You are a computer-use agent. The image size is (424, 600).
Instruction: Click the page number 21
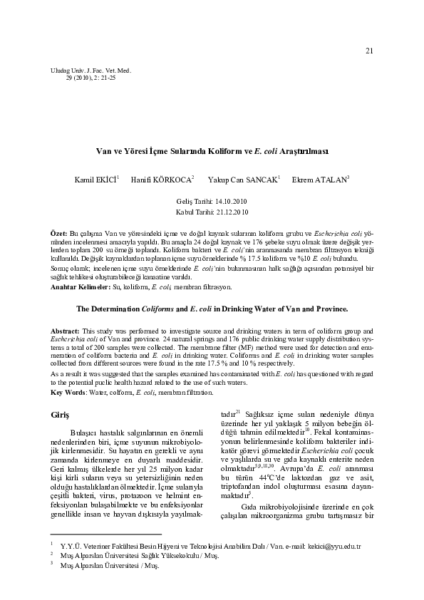pos(369,51)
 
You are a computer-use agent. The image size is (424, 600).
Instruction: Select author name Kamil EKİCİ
pos(98,179)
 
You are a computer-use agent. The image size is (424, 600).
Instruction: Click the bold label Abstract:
pos(66,333)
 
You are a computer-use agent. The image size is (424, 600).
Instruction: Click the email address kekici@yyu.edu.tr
pos(335,546)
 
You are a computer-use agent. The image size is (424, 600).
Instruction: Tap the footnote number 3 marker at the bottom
pos(52,564)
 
